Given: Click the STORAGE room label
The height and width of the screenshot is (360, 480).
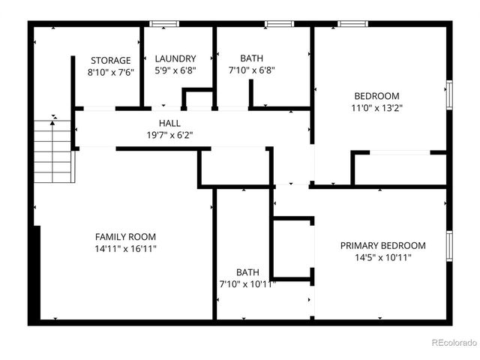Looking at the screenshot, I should click(110, 60).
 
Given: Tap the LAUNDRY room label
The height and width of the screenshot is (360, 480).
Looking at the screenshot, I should click(175, 58).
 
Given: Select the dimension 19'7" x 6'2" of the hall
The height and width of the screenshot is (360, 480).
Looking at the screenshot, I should click(169, 136).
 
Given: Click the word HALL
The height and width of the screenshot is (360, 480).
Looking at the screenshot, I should click(169, 123).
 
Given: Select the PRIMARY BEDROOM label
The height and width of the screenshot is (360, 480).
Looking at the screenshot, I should click(382, 245).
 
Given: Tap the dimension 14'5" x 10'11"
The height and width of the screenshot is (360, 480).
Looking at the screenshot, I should click(382, 257).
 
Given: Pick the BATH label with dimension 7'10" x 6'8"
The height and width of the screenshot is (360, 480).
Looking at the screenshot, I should click(251, 58).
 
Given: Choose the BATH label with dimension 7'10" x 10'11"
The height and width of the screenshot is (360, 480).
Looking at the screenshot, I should click(247, 272).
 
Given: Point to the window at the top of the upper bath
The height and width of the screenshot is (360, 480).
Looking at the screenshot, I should click(278, 24).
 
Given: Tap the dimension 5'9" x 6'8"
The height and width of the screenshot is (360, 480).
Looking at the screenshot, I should click(175, 70).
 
